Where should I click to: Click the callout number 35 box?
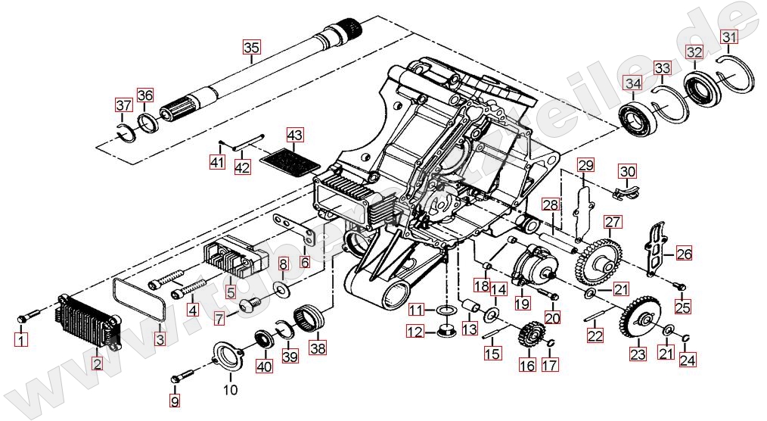pos(250,47)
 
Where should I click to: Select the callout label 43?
pos(294,136)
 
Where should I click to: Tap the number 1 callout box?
pos(21,340)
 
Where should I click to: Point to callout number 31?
pos(728,36)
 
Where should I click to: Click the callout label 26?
pos(684,254)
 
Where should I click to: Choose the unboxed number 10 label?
pos(230,390)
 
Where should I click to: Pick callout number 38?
pos(318,349)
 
